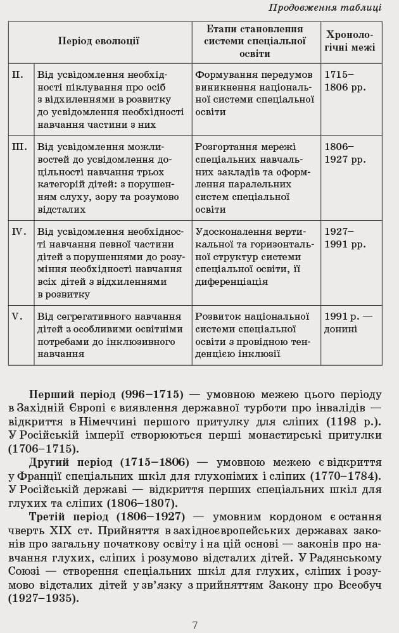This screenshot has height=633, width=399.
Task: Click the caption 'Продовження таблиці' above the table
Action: coord(325,8)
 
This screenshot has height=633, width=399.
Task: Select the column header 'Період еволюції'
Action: coord(99,41)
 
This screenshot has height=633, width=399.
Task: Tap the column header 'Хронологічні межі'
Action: coord(350,41)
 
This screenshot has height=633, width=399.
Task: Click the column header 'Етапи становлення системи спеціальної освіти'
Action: coord(255,41)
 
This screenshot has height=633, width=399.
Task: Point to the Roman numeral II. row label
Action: coord(18,75)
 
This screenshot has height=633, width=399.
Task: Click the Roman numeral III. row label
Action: coord(20,147)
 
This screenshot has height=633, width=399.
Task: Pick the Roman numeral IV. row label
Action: coord(20,232)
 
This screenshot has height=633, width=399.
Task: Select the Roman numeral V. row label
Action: coord(17,316)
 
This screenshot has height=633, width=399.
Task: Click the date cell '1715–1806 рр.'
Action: coord(345,81)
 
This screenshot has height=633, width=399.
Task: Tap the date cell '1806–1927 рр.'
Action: coord(345,153)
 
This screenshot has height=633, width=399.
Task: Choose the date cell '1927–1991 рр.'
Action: coord(345,238)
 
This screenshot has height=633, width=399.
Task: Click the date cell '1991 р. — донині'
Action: coord(348,323)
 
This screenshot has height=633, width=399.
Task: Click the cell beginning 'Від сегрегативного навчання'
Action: coord(110,335)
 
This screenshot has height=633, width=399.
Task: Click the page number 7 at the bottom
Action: coord(195,625)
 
